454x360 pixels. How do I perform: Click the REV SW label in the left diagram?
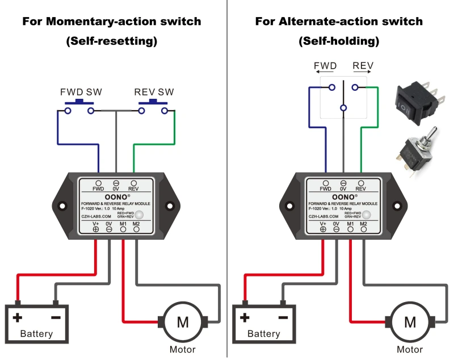pyautogui.click(x=154, y=92)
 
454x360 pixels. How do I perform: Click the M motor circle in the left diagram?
pyautogui.click(x=183, y=322)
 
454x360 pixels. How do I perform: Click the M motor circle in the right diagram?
pyautogui.click(x=410, y=322)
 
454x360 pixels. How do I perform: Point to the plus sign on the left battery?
pyautogui.click(x=18, y=317)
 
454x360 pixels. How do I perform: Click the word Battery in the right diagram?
pyautogui.click(x=263, y=334)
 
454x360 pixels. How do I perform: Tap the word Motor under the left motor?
pyautogui.click(x=183, y=350)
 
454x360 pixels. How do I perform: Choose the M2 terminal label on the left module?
pyautogui.click(x=136, y=224)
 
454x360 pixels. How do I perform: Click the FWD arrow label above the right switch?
pyautogui.click(x=325, y=66)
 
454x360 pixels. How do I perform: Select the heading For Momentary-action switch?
pyautogui.click(x=112, y=22)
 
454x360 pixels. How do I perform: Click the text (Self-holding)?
pyautogui.click(x=339, y=41)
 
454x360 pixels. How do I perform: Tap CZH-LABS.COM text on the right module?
pyautogui.click(x=325, y=216)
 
